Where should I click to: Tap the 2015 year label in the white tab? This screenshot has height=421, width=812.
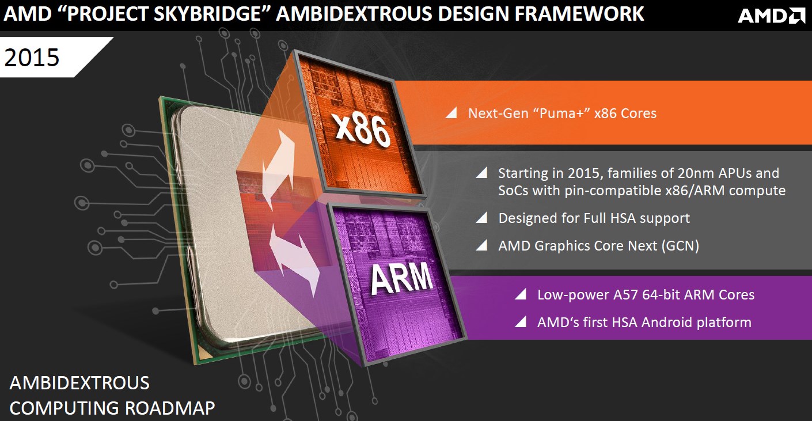[32, 57]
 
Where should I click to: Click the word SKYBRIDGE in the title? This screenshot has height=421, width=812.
[207, 14]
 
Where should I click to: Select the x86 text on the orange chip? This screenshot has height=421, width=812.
[363, 130]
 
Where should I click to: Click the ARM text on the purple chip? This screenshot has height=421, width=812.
[401, 278]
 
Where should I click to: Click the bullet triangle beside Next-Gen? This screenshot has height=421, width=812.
[451, 113]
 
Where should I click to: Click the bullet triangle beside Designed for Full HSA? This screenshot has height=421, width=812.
[481, 218]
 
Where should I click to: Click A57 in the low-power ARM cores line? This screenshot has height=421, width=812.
[625, 295]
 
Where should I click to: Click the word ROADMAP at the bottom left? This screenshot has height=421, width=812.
[170, 408]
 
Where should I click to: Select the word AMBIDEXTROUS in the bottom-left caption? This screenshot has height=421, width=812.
[79, 383]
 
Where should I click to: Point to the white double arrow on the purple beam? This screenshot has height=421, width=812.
[294, 260]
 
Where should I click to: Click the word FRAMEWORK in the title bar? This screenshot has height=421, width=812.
[579, 14]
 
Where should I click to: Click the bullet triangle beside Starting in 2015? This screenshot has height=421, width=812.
[481, 173]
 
